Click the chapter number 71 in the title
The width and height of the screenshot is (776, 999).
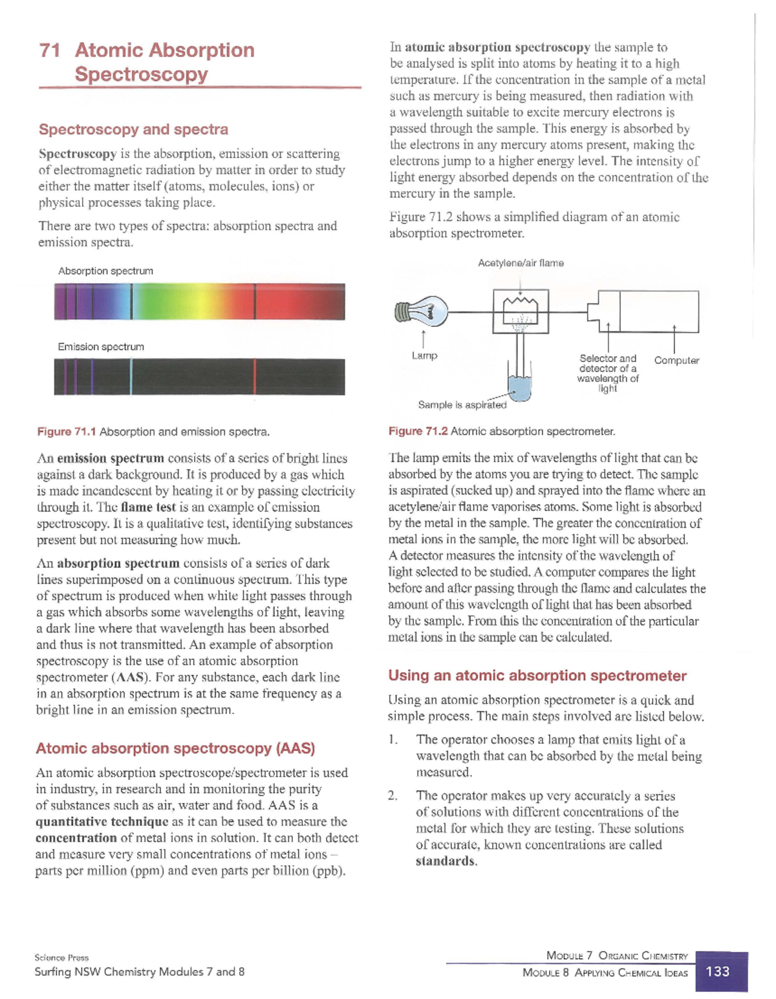point(50,50)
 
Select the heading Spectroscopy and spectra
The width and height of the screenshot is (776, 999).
point(133,129)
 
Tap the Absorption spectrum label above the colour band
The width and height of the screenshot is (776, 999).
point(105,271)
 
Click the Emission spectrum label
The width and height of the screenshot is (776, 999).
point(101,347)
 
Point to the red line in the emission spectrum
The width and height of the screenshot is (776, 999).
point(255,377)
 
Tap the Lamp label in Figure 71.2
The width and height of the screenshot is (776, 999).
point(424,355)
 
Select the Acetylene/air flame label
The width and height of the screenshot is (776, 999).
point(521,263)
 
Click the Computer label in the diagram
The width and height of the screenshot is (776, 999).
point(676,361)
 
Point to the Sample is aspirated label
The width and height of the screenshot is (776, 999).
point(462,405)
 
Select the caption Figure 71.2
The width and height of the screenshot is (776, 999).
point(418,431)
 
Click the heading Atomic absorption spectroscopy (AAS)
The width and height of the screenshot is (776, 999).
point(175,748)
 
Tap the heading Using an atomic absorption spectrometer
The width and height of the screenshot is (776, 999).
point(537,676)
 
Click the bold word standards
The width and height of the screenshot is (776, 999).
point(446,861)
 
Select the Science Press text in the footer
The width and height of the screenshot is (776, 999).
point(61,958)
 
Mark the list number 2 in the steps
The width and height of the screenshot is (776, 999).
point(393,796)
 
